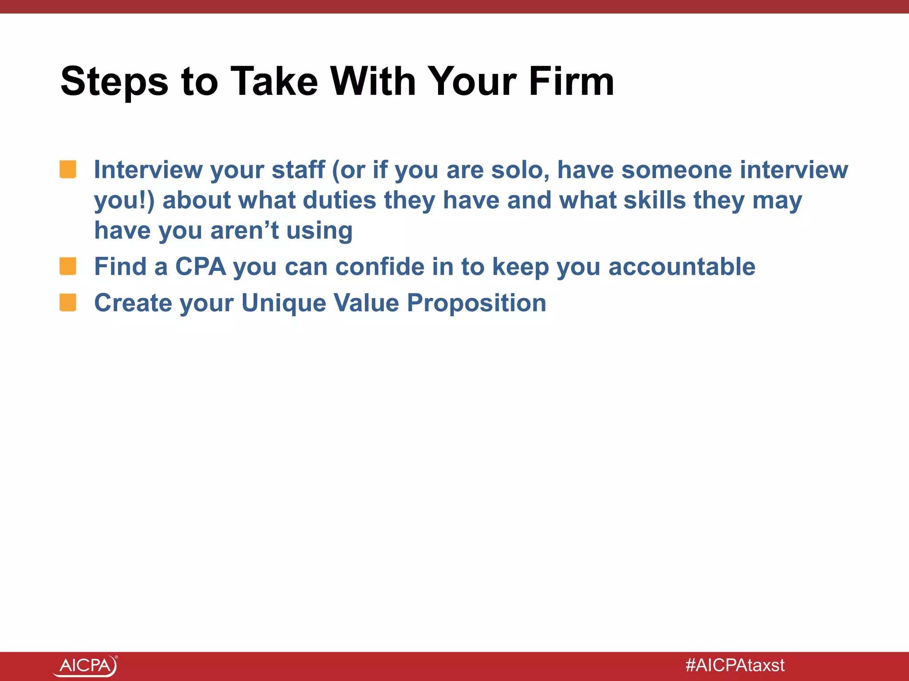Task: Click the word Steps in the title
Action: (115, 82)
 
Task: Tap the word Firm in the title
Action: (571, 82)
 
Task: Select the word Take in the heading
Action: (275, 82)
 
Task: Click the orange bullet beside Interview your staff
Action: (68, 170)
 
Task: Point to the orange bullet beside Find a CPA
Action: (68, 266)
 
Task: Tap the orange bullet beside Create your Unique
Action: (68, 303)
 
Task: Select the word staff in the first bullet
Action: (298, 170)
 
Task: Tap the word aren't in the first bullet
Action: (244, 231)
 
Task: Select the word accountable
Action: (681, 267)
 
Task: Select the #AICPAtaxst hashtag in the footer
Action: (735, 665)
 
